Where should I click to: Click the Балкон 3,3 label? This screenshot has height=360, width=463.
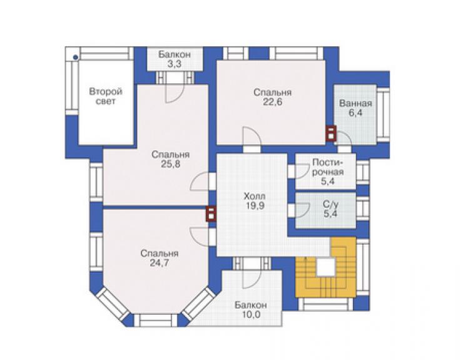175,59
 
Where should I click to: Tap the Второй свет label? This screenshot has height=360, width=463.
106,96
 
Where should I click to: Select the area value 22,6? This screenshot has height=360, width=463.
272,102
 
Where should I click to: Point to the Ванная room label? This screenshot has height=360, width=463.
355,103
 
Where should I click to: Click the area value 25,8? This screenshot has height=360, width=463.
171,164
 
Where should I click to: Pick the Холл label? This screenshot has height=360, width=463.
255,196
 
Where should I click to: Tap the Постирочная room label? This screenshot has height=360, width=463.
328,167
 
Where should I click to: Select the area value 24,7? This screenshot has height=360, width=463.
160,263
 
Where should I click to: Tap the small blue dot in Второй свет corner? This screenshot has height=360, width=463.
76,58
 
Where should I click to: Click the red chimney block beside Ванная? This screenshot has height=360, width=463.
331,133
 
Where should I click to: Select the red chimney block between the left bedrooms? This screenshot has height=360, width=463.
211,213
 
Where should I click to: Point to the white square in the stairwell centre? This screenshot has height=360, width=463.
326,267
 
